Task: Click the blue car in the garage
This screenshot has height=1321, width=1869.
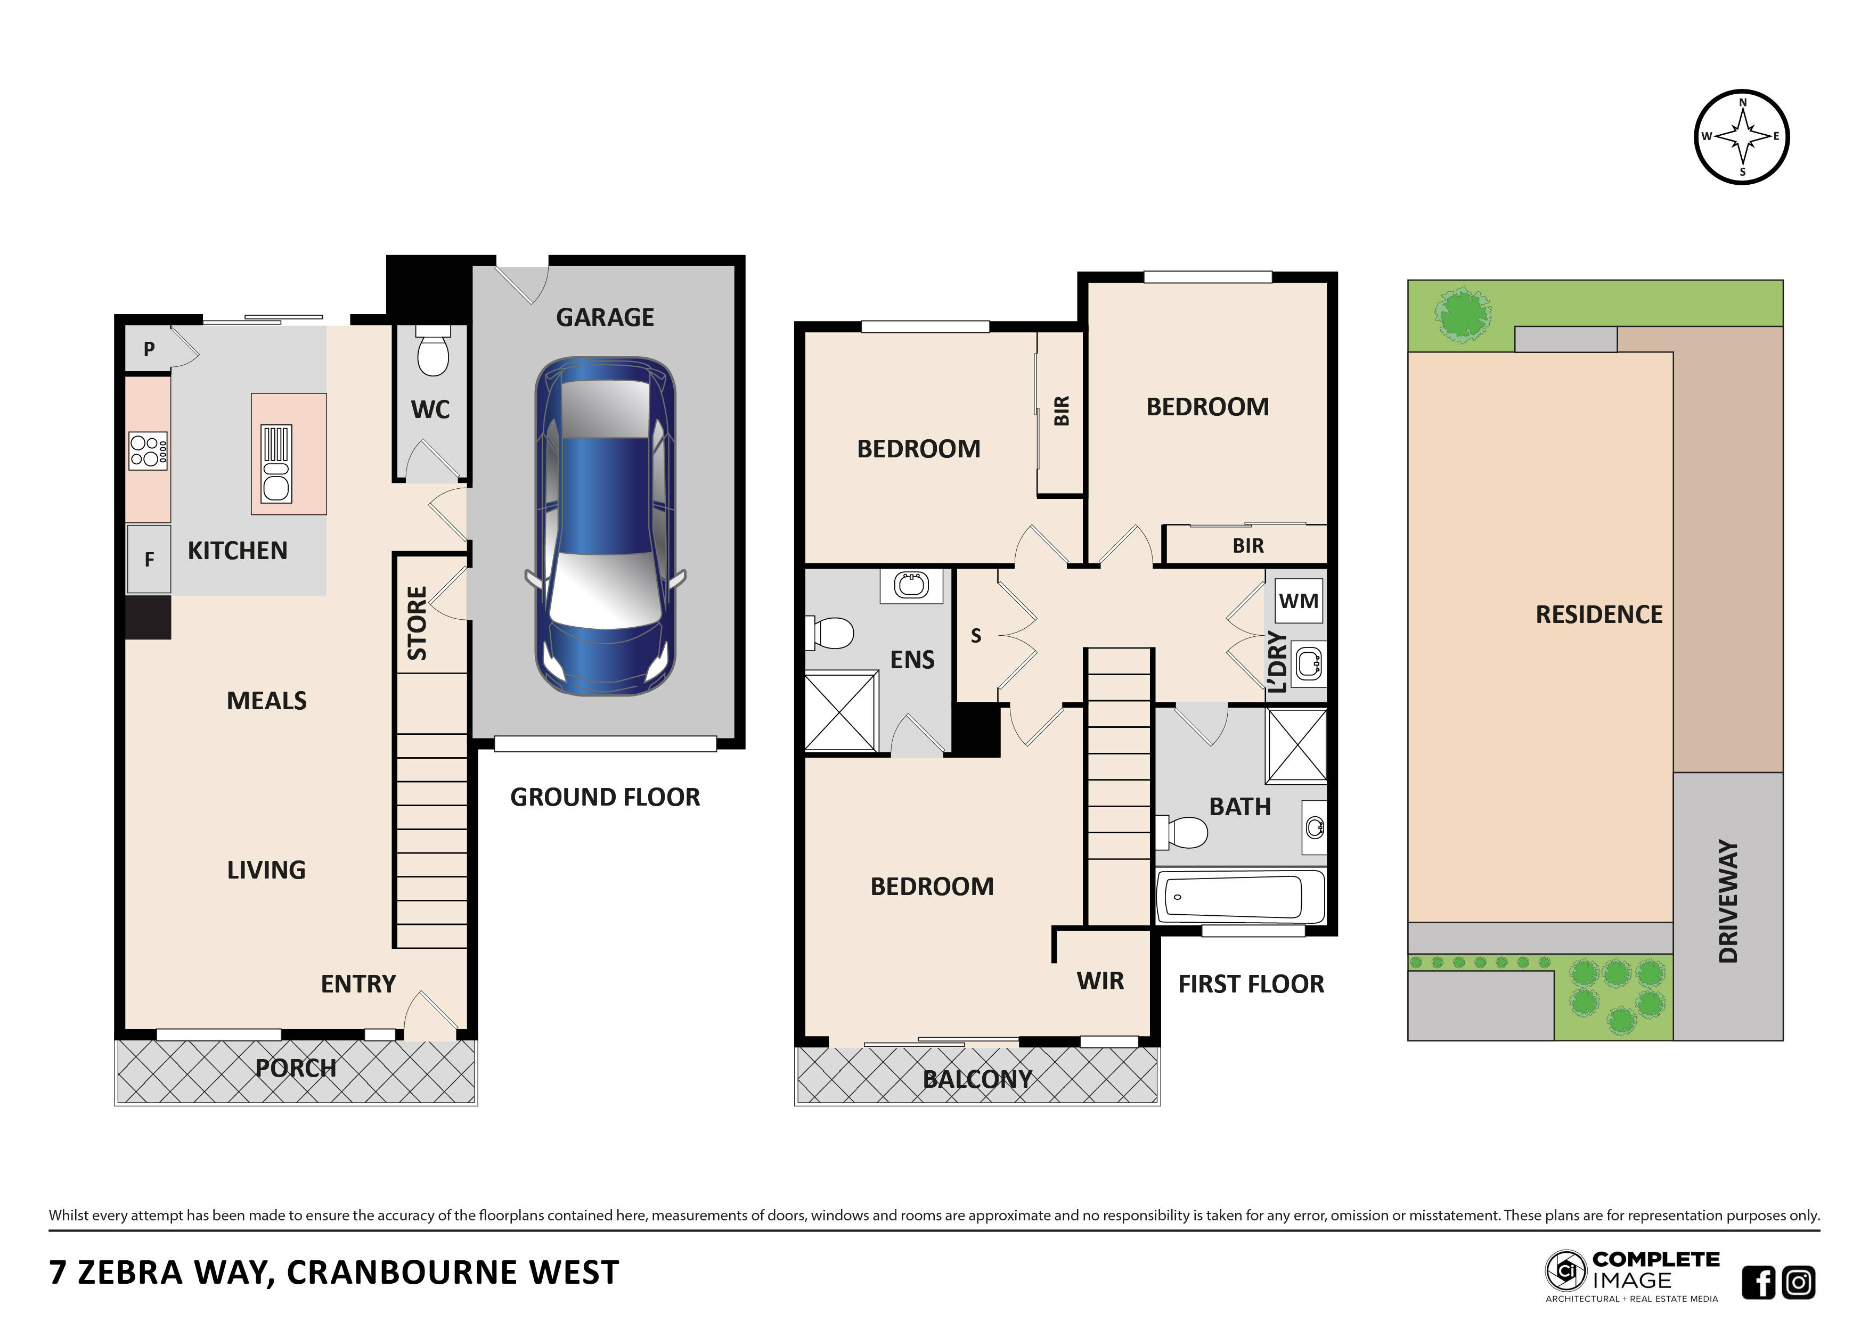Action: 605,526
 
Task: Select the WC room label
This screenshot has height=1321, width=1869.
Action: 430,409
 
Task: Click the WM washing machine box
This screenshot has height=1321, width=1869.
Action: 1299,601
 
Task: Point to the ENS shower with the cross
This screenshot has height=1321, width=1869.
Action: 841,711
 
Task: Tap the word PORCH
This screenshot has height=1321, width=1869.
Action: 296,1068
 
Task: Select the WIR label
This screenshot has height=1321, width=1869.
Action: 1100,981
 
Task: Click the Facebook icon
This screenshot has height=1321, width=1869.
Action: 1758,1283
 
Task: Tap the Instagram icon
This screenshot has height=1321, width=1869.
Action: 1799,1283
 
